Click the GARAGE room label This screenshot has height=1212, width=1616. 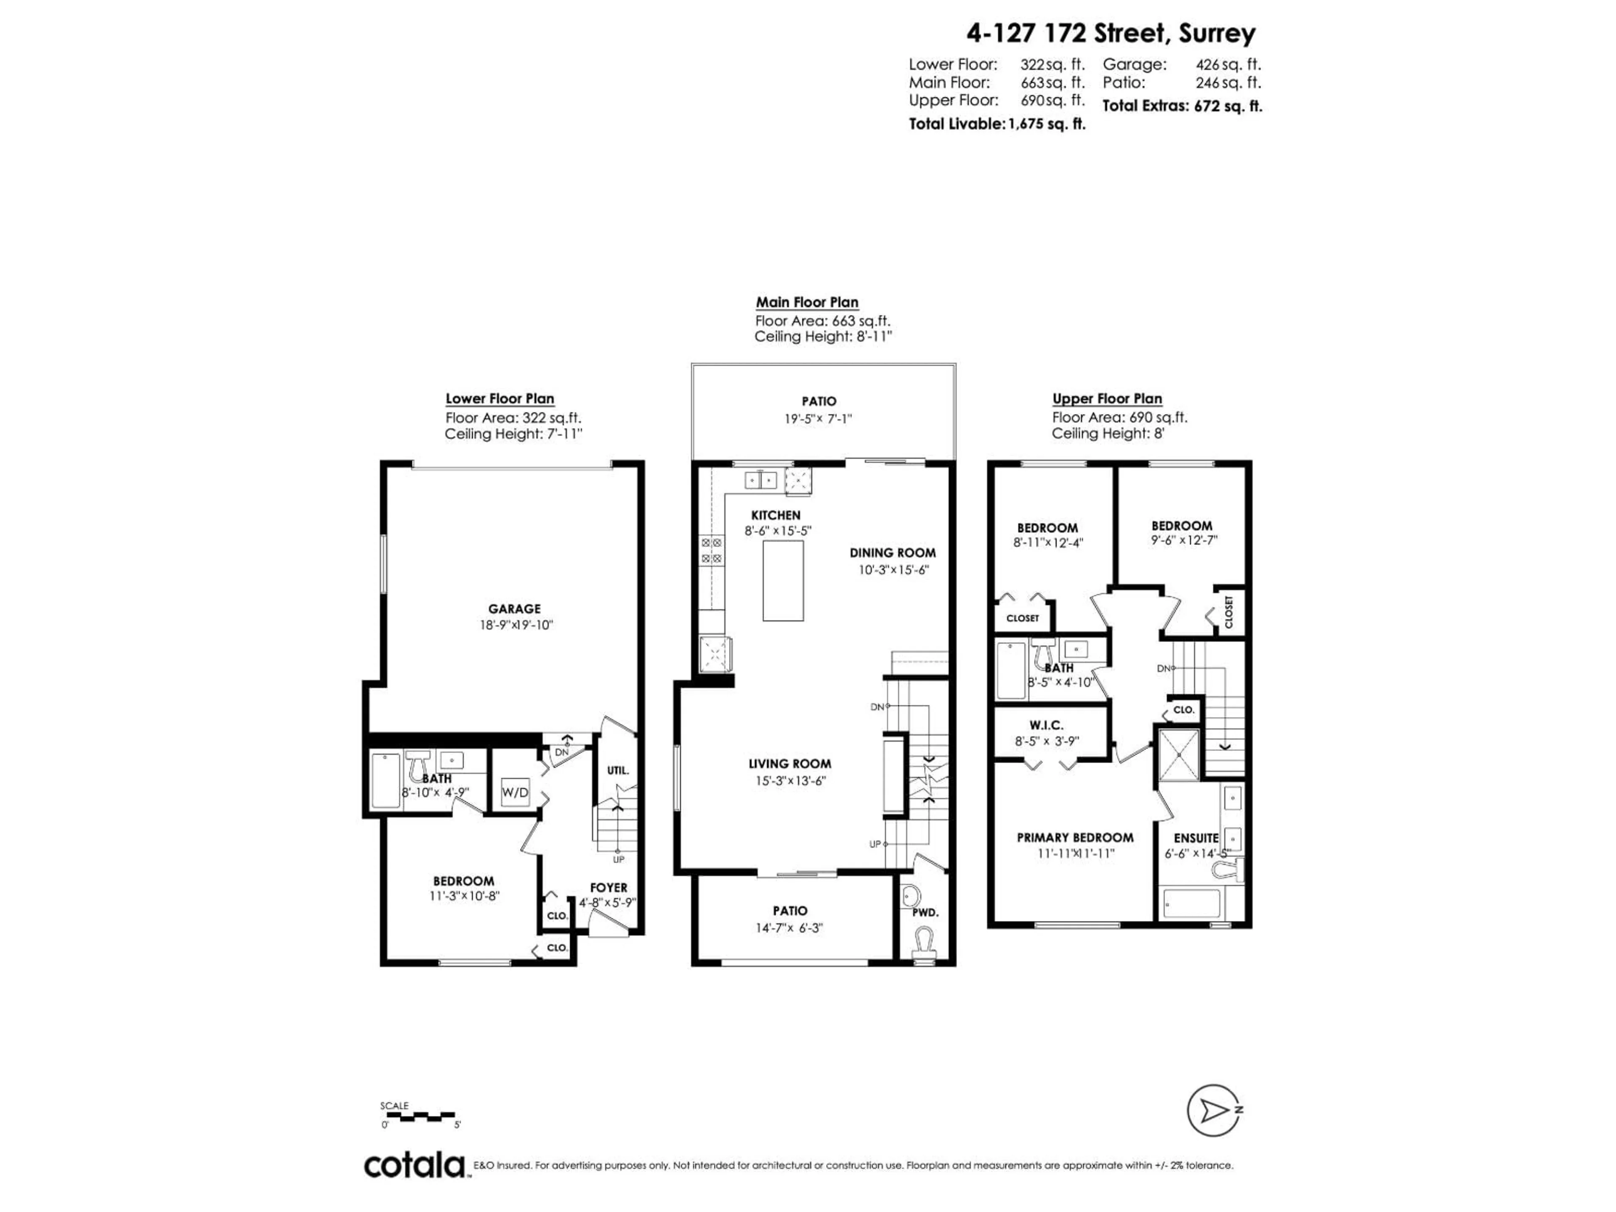[x=514, y=609]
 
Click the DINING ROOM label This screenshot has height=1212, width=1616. [x=892, y=553]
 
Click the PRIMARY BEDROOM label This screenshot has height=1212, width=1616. [x=1075, y=837]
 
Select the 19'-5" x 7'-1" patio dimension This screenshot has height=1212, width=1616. [x=818, y=419]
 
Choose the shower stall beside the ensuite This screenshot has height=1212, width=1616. [x=1178, y=755]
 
